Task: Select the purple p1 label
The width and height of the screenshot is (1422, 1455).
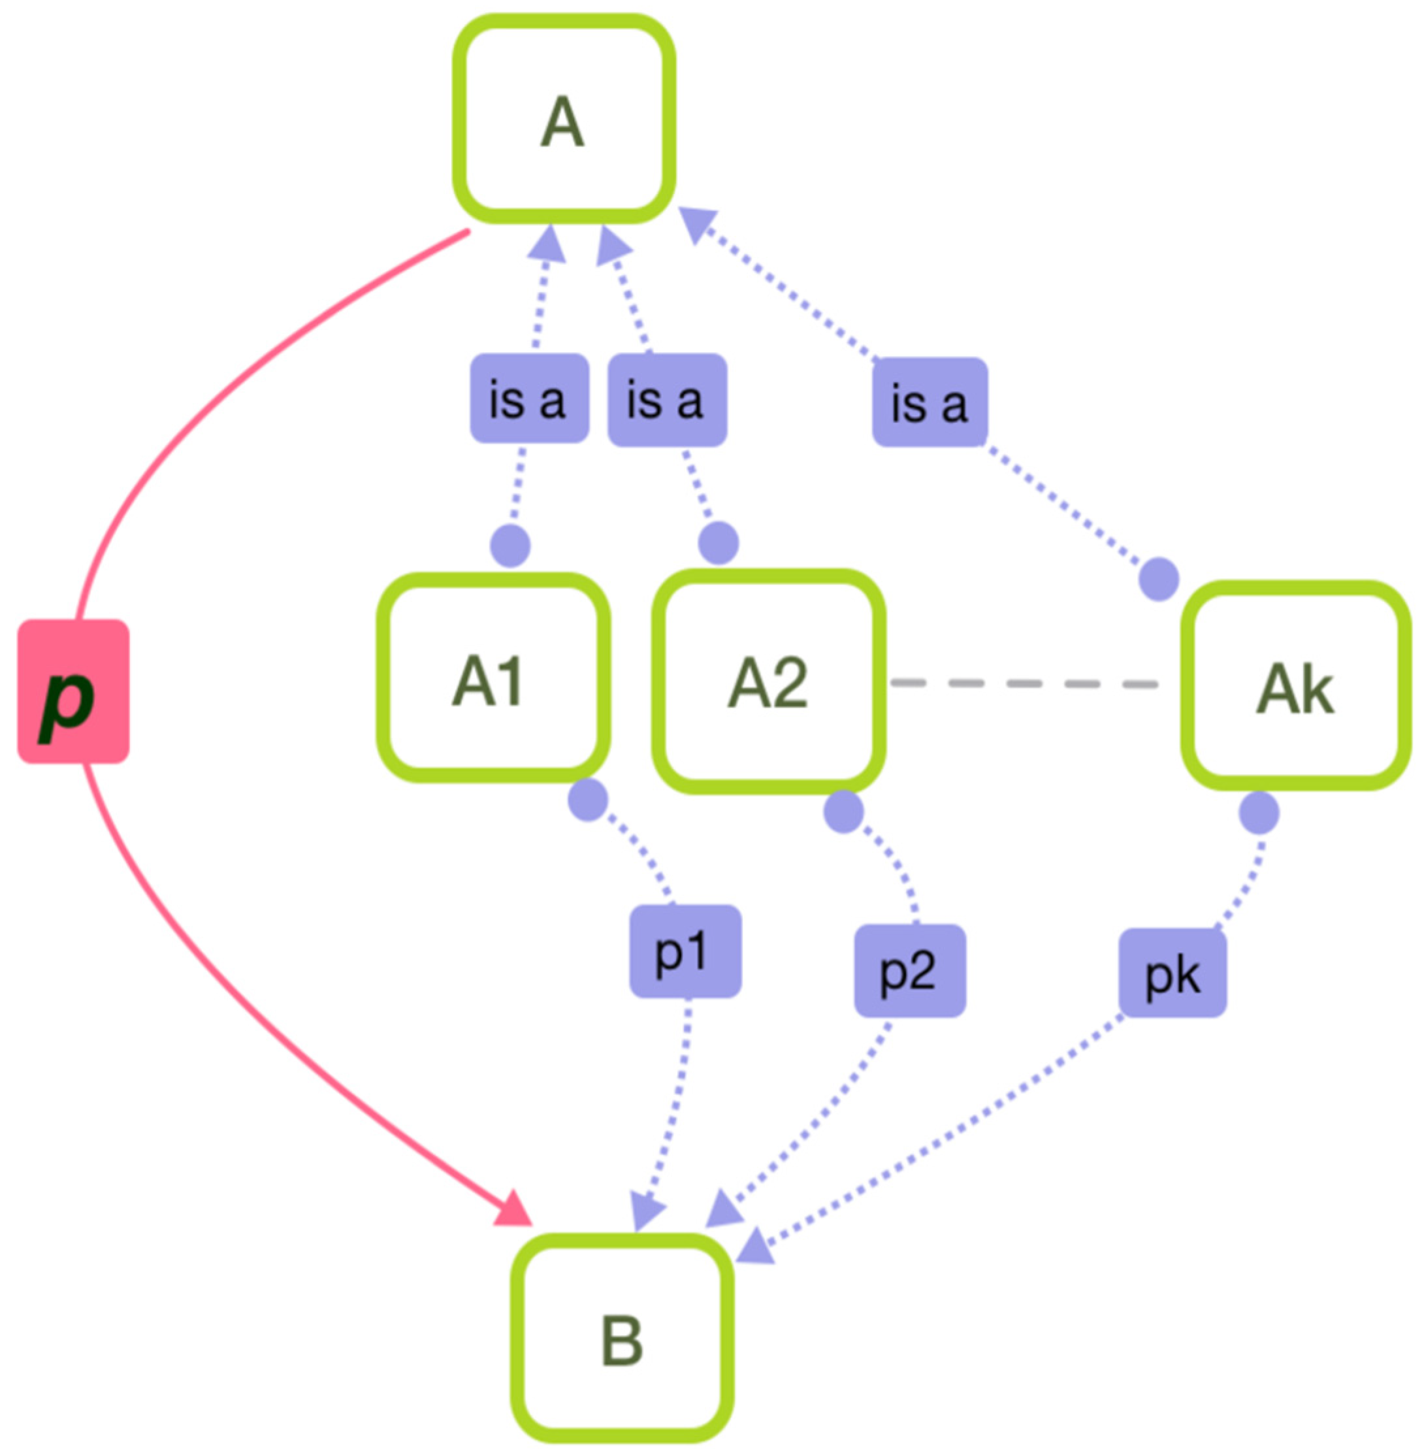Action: coord(685,951)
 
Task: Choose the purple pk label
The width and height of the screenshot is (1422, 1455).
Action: coord(1172,973)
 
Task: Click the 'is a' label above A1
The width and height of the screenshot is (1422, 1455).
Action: coord(529,398)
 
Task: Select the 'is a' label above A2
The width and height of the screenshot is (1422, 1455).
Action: coord(667,401)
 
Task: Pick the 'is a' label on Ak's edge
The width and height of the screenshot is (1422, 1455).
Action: coord(930,402)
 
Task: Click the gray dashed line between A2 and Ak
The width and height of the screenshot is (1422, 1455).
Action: coord(1023,683)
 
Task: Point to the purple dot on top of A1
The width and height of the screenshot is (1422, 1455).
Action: coord(510,546)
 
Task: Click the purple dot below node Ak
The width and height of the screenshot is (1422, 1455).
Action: coord(1259,813)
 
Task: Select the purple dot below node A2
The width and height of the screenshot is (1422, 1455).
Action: coord(843,811)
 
